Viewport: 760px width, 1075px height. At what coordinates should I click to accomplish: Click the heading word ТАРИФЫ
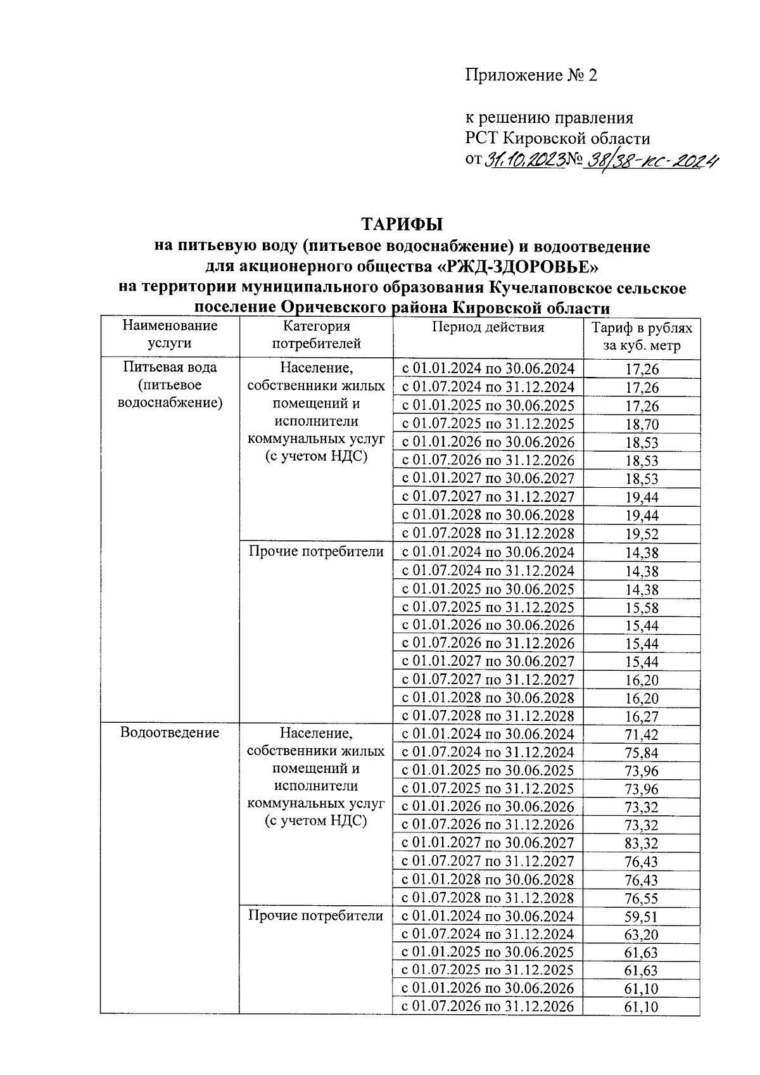402,224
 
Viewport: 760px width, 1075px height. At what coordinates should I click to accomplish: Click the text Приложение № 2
531,75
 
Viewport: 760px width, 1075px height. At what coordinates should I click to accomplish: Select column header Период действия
488,328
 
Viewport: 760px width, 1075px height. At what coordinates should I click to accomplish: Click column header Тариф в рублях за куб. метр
641,337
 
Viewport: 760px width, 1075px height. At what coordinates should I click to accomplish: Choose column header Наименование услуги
170,334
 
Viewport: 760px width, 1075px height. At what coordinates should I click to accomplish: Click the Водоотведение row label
170,733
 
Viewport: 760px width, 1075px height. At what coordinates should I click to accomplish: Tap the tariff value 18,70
642,424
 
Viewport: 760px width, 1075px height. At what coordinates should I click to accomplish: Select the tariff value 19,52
642,534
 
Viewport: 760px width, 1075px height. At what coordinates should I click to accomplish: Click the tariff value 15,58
642,608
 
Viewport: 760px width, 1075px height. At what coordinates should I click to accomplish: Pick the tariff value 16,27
642,717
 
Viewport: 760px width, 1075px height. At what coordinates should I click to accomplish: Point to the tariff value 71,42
642,735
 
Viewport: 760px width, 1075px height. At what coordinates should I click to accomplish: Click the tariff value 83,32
642,844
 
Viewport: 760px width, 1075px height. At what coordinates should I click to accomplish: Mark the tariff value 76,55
642,898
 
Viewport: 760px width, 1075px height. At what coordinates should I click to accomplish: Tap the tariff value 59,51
642,917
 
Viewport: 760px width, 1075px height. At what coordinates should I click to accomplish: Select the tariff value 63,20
642,935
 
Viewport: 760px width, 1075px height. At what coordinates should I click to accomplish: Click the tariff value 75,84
642,753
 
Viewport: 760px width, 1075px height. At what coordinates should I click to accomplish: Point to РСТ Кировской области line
558,138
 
